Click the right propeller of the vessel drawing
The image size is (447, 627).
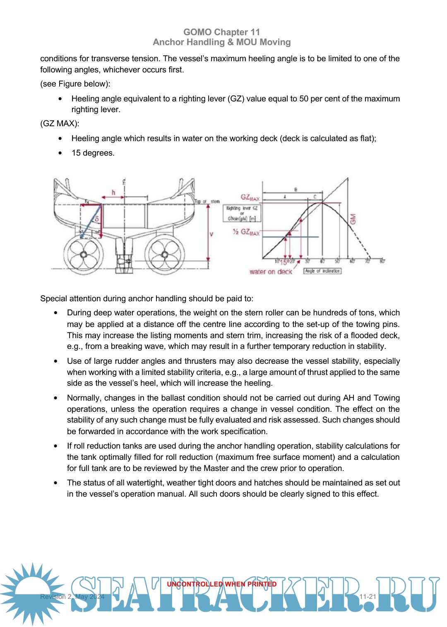click(x=165, y=254)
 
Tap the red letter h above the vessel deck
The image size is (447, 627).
click(x=113, y=192)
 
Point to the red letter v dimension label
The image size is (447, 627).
click(x=211, y=234)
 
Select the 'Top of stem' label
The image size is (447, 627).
click(x=207, y=202)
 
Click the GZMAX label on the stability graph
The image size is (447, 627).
click(x=250, y=198)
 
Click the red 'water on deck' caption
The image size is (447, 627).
click(x=271, y=272)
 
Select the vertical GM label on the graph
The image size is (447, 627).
click(x=353, y=219)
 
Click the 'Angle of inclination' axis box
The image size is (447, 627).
click(x=322, y=271)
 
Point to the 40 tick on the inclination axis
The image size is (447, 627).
click(x=322, y=261)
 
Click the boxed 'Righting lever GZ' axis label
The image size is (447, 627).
click(x=242, y=213)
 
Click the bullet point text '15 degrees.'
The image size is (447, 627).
click(x=93, y=153)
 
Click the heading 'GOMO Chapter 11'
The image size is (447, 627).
click(x=222, y=32)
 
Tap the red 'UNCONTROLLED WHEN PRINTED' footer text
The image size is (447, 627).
click(x=222, y=584)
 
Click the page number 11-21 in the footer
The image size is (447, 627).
click(x=368, y=596)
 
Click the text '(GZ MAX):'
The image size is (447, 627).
click(x=60, y=124)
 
